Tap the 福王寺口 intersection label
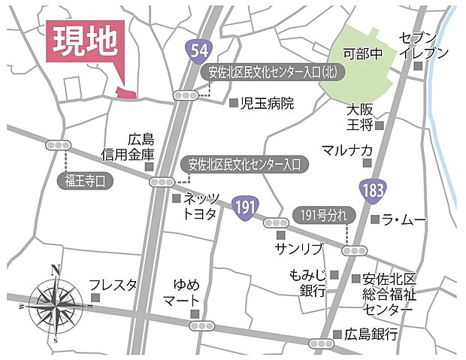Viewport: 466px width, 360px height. [87, 180]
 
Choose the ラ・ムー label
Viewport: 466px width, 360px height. [403, 219]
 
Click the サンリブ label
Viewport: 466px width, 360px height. [298, 248]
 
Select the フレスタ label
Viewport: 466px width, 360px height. [113, 285]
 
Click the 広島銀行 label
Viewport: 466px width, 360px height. [371, 334]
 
